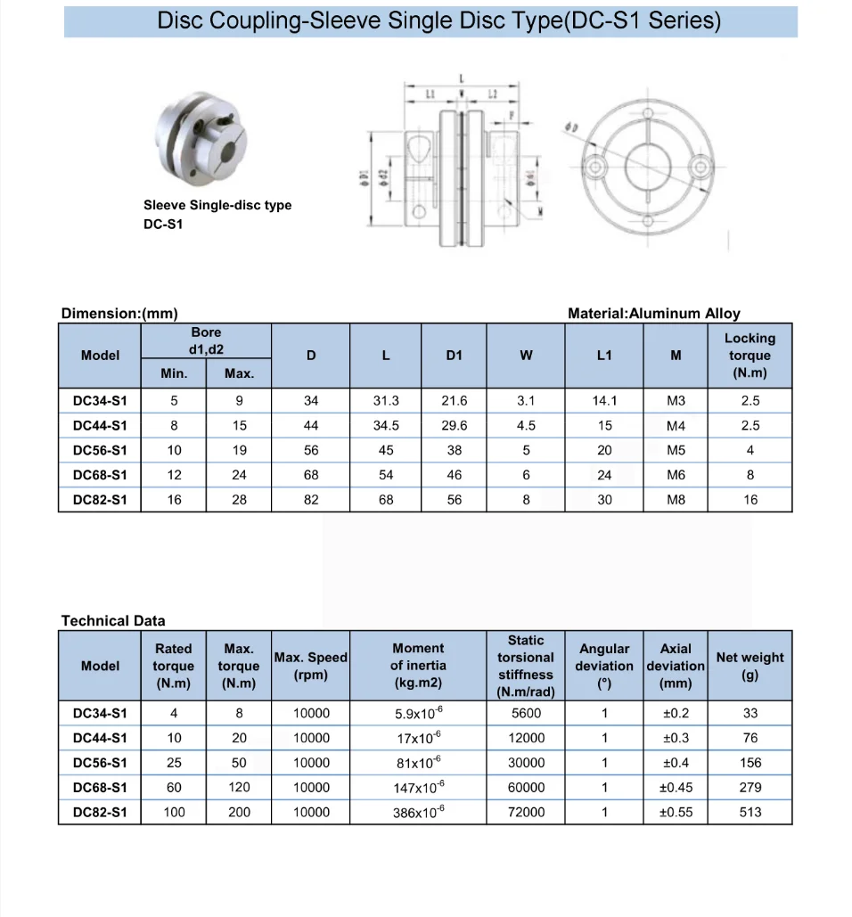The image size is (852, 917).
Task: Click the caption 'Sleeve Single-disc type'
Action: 217,205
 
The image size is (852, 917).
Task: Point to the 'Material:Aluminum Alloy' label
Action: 653,314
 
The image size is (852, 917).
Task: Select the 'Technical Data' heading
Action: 113,620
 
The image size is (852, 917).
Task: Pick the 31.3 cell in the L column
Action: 386,401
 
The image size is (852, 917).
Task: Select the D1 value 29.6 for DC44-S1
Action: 455,426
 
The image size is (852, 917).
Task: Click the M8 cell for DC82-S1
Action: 676,500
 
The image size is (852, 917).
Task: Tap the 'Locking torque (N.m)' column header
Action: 750,356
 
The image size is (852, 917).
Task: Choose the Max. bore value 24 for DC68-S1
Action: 239,475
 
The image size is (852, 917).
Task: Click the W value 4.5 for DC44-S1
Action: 526,426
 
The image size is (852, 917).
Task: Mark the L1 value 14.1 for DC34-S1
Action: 604,401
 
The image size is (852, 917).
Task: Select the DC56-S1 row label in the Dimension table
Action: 100,451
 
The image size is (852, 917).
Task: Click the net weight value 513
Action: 750,812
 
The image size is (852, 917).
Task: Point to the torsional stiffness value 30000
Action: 526,763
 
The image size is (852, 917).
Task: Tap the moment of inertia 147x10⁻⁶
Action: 418,787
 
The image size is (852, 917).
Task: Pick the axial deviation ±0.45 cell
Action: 676,787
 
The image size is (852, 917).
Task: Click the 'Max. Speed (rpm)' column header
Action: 311,666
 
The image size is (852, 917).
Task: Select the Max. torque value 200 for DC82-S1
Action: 239,812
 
